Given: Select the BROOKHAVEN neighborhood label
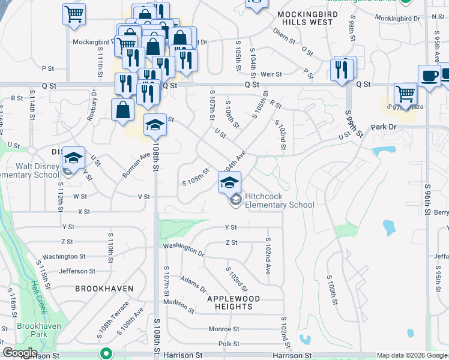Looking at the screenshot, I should tap(104, 289).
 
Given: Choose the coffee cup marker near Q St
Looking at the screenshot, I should tap(429, 76).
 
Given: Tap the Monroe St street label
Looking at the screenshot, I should tap(223, 329).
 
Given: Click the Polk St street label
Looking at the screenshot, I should tap(229, 344).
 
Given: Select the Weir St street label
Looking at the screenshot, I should tap(271, 74).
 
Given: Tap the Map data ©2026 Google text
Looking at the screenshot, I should tap(412, 355).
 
